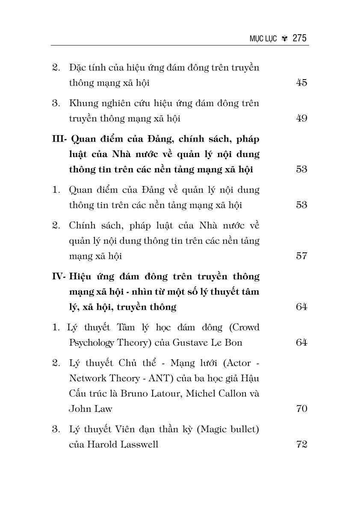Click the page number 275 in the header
pyautogui.click(x=300, y=38)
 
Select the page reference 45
pyautogui.click(x=301, y=83)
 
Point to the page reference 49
pyautogui.click(x=301, y=118)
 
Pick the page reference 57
pyautogui.click(x=301, y=256)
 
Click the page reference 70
pyautogui.click(x=301, y=408)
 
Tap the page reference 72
pyautogui.click(x=301, y=444)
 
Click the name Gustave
pyautogui.click(x=190, y=342)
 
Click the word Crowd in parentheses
pyautogui.click(x=244, y=327)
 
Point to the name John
pyautogui.click(x=79, y=408)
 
